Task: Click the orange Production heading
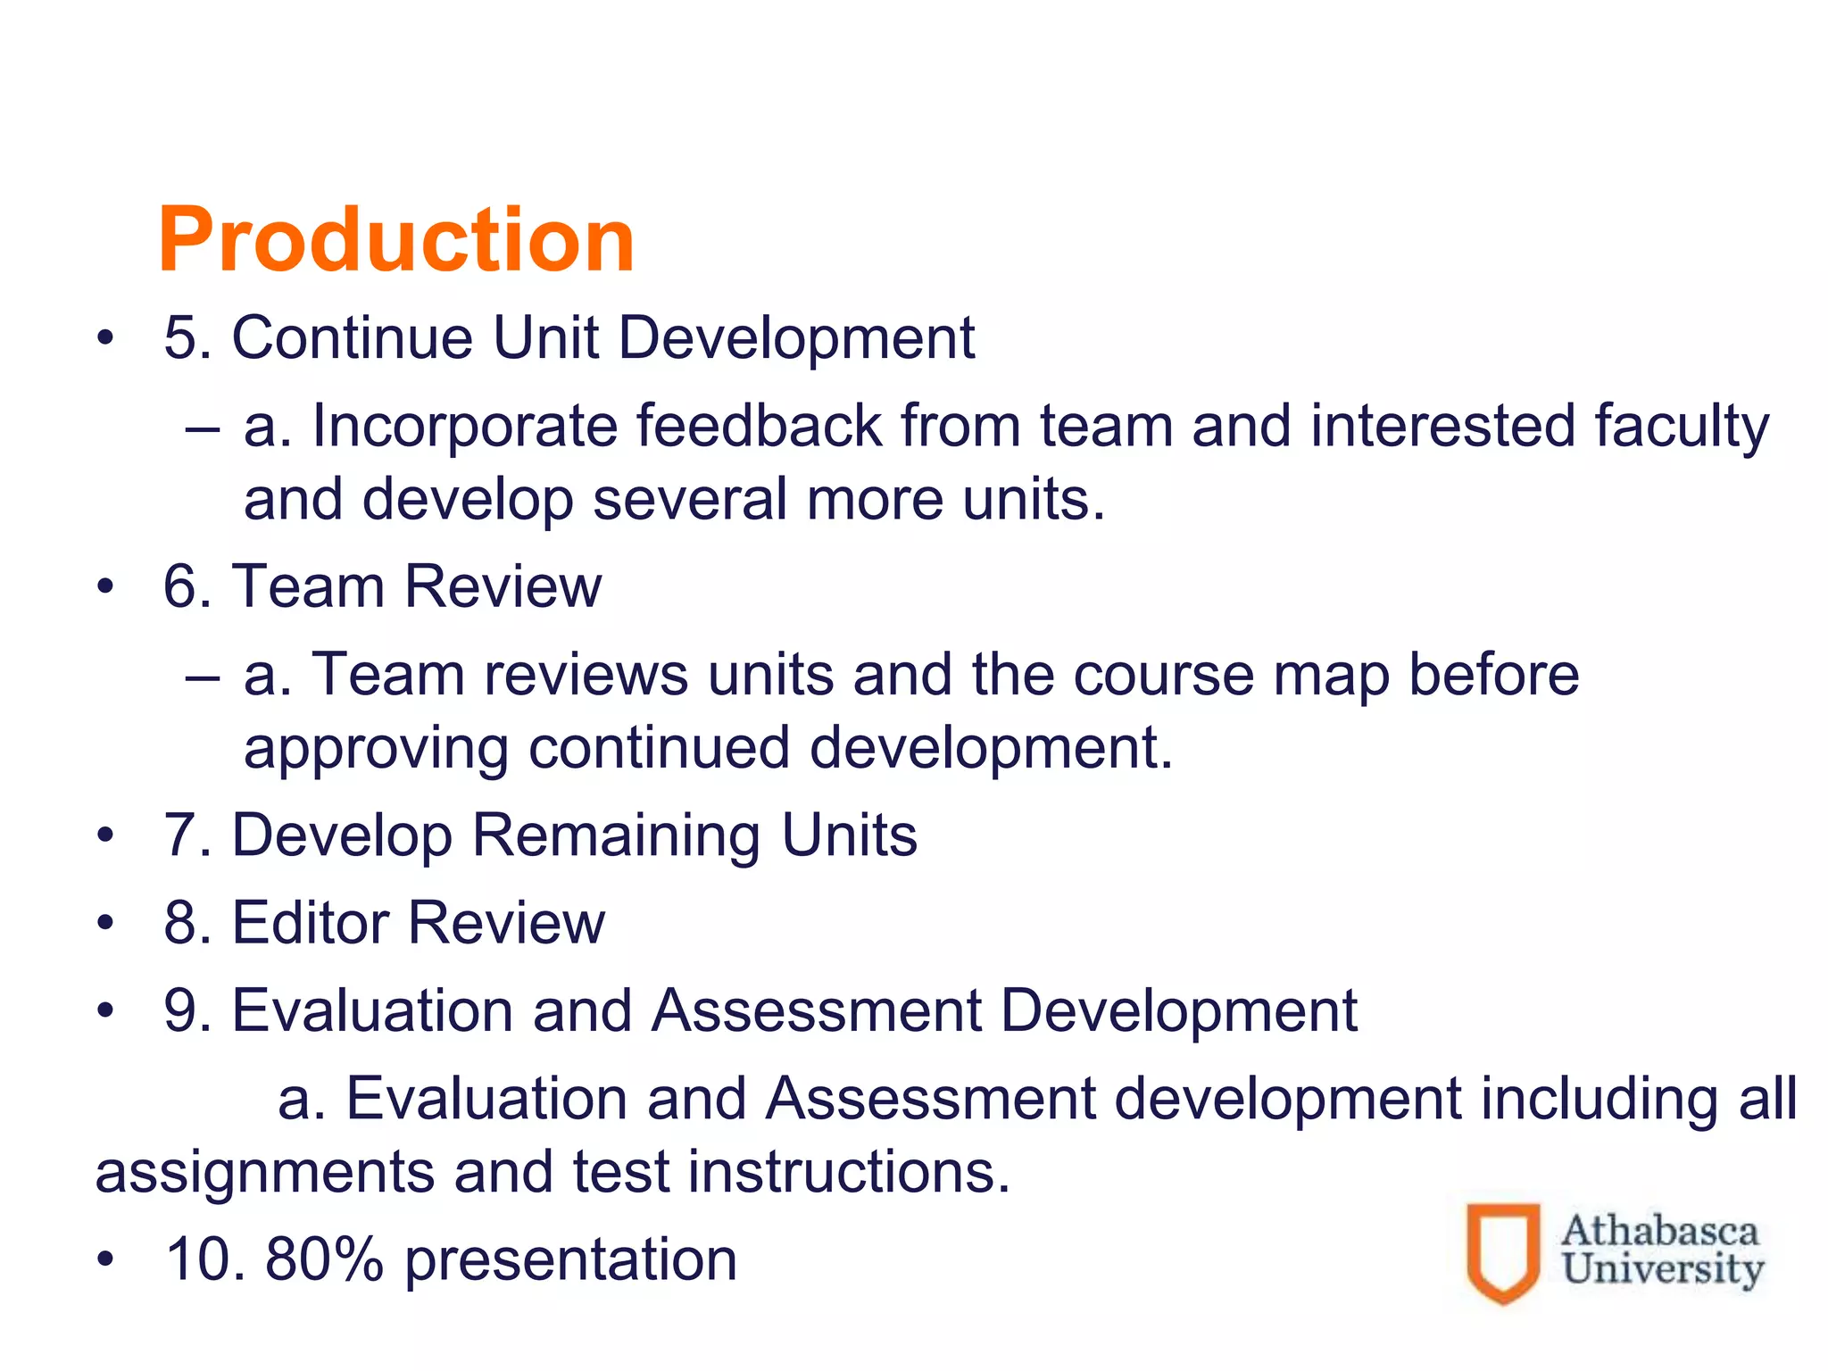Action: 395,239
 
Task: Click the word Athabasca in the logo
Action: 1659,1232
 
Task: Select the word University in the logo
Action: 1663,1268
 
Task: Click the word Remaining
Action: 616,835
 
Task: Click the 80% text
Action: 324,1259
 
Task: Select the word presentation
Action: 571,1259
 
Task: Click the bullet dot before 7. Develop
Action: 106,835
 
